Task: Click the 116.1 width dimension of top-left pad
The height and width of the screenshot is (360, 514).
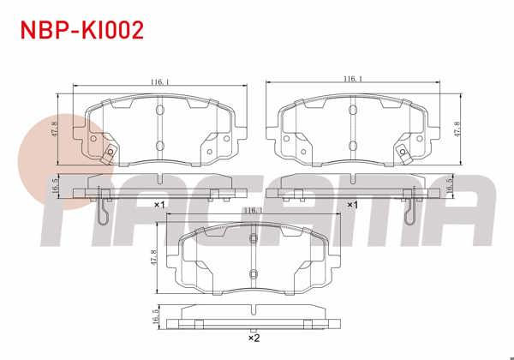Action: pos(158,82)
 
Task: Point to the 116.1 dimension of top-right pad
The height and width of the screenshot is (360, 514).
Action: pos(350,78)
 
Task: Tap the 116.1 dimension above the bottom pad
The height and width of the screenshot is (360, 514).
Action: pos(252,210)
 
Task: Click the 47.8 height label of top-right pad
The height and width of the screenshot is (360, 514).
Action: pos(466,127)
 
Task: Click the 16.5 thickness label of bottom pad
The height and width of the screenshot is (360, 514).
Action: pos(156,315)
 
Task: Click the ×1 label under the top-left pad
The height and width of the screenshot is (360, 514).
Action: pos(159,206)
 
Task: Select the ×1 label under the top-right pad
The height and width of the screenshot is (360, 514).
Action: pos(351,206)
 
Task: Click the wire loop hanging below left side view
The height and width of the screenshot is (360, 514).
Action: pos(104,213)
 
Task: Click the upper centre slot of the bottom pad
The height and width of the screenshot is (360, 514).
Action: pos(253,239)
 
